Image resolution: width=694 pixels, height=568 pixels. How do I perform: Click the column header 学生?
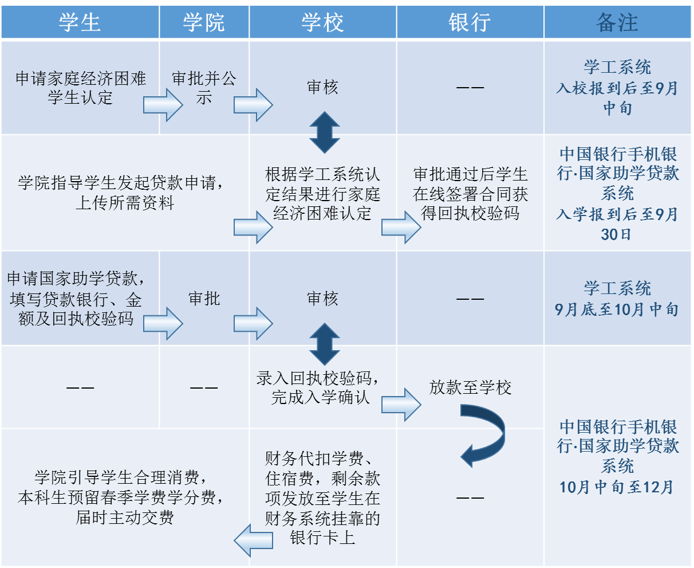80,22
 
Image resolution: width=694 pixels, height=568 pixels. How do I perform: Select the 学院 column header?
204,22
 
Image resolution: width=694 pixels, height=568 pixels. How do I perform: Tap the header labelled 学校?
322,22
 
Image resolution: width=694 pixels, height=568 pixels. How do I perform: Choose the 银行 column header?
470,22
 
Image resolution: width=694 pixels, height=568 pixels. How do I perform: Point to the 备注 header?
617,22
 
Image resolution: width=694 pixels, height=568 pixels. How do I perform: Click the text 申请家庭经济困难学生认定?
81,88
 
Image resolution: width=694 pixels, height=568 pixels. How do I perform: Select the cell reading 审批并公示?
204,88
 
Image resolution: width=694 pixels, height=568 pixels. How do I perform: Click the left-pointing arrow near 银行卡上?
253,540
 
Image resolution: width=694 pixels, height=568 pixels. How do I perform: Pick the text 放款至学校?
470,387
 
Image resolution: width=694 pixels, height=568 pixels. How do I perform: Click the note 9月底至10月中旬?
617,310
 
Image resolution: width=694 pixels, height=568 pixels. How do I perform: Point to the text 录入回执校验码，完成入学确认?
318,387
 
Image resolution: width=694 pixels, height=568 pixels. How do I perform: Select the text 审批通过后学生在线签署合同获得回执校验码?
470,194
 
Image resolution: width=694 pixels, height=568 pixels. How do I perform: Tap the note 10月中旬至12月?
617,487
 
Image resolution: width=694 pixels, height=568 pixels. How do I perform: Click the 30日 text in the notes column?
616,234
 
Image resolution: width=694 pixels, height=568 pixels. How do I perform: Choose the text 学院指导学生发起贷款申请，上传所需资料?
121,193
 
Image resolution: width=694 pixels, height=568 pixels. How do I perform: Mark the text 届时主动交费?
125,517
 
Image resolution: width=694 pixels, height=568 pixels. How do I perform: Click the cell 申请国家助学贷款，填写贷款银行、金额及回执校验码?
76,298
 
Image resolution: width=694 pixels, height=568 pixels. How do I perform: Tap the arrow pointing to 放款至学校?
401,405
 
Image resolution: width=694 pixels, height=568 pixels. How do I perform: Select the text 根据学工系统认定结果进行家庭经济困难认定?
322,194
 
